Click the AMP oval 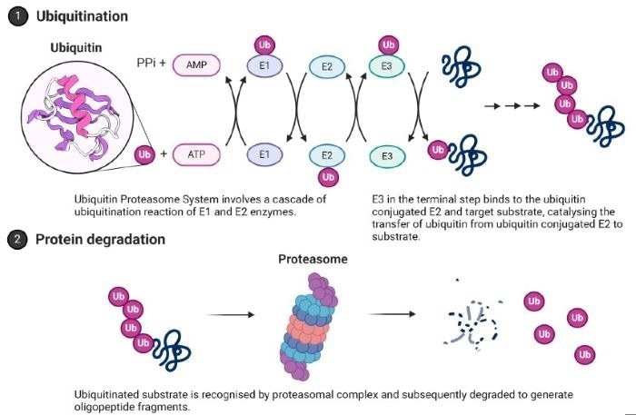coord(200,66)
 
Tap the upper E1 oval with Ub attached coord(264,66)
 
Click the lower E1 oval coord(264,155)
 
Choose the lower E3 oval coord(388,156)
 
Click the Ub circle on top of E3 coord(388,44)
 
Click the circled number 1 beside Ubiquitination coord(15,16)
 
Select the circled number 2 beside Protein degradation coord(15,240)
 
